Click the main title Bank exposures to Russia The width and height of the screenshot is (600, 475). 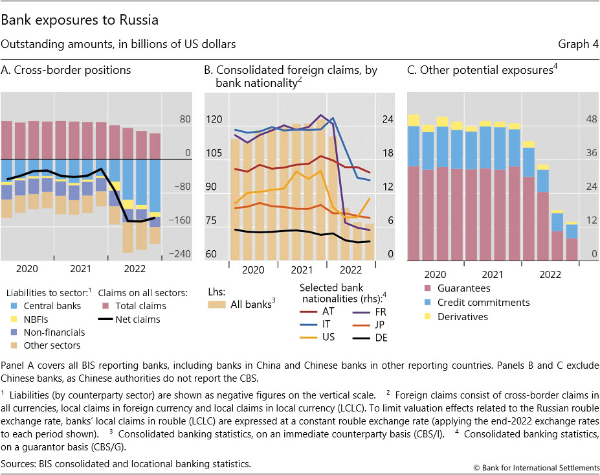[x=80, y=21]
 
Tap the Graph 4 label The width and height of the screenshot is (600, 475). [x=577, y=44]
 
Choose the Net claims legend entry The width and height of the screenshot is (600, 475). [x=133, y=319]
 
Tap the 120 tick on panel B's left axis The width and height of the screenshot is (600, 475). [x=215, y=120]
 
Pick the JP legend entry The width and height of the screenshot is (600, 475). [x=379, y=325]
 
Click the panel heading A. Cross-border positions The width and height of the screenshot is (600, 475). [x=67, y=70]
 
